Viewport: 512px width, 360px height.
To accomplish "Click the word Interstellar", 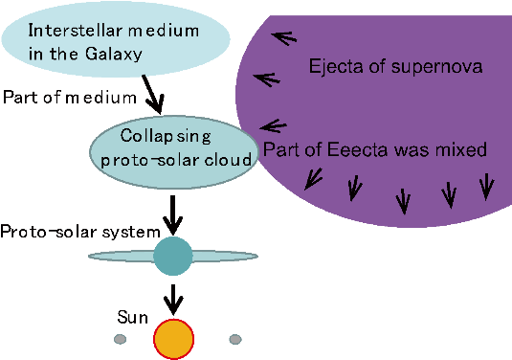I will pyautogui.click(x=68, y=30).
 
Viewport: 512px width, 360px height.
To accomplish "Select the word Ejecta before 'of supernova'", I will pyautogui.click(x=332, y=67).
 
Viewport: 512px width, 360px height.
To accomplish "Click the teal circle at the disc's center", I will pyautogui.click(x=172, y=256).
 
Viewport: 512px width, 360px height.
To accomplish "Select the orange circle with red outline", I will pyautogui.click(x=173, y=338).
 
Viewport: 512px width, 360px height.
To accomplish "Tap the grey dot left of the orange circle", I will pyautogui.click(x=120, y=339).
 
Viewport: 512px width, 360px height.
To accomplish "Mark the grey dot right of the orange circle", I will pyautogui.click(x=235, y=339).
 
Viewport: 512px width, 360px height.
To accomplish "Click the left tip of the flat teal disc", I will pyautogui.click(x=91, y=256).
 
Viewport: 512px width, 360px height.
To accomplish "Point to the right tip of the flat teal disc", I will pyautogui.click(x=256, y=256).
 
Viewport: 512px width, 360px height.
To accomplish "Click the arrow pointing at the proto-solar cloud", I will pyautogui.click(x=272, y=125).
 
